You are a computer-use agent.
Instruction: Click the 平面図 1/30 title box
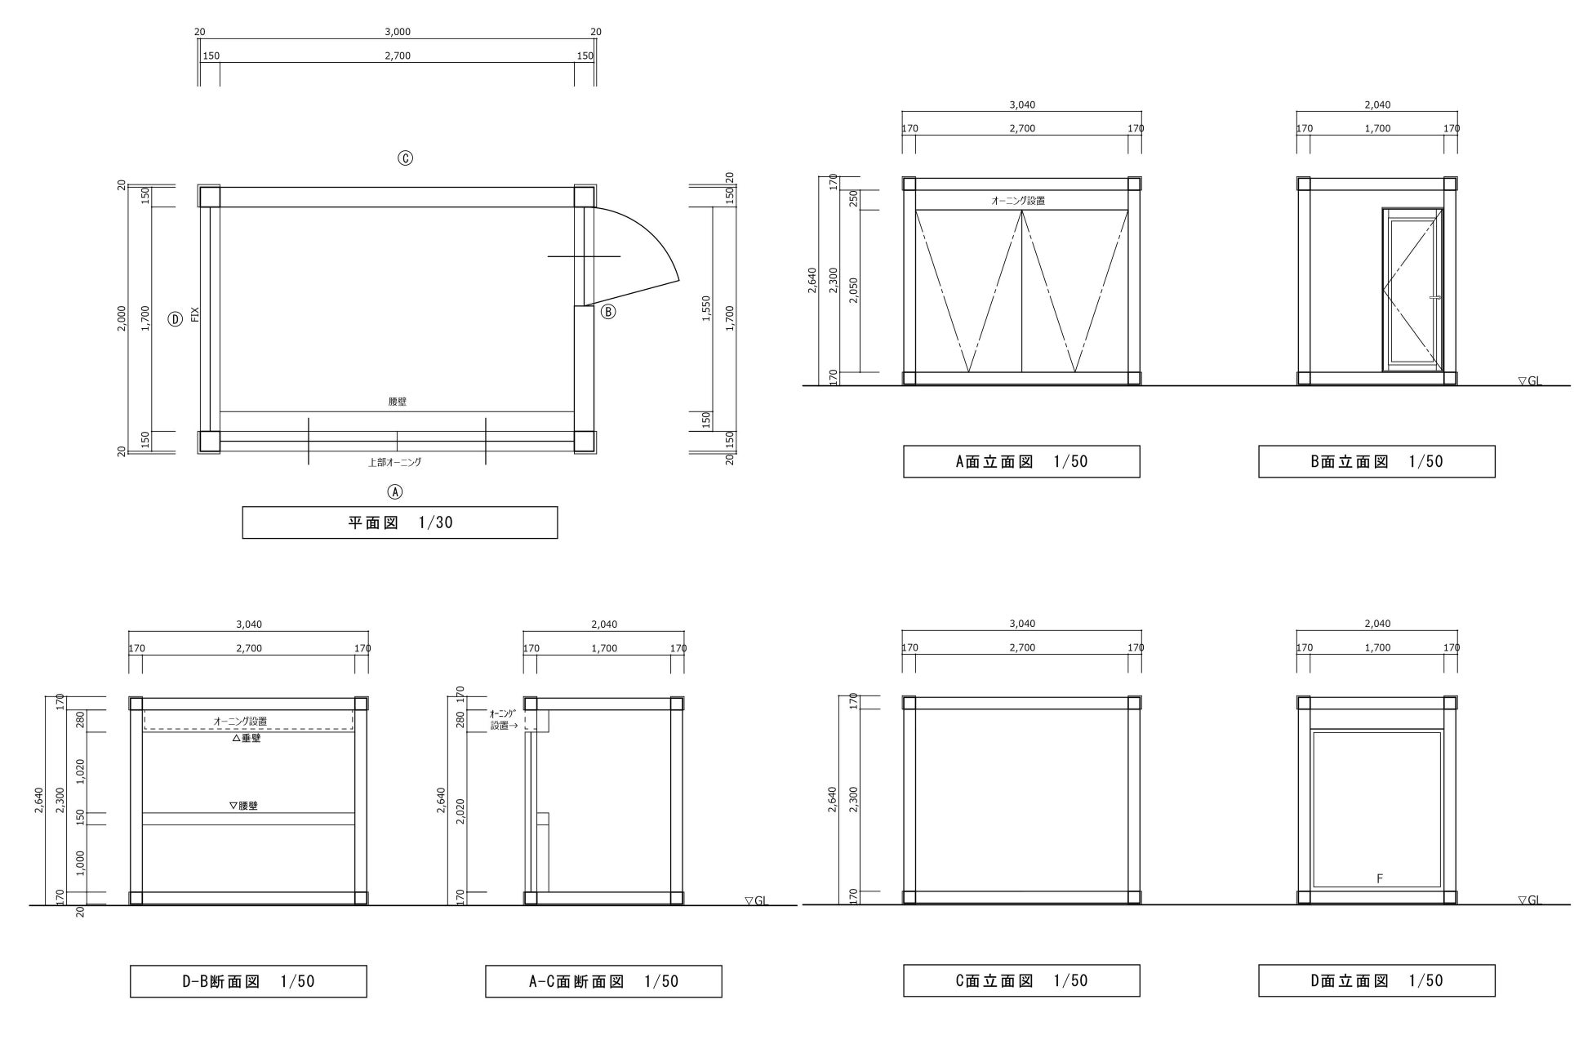pyautogui.click(x=400, y=522)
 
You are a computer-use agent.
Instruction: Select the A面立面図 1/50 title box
pyautogui.click(x=1021, y=461)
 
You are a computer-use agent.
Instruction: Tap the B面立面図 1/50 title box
pyautogui.click(x=1376, y=461)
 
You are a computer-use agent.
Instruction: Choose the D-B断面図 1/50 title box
pyautogui.click(x=248, y=981)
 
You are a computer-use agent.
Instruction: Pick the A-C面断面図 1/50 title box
pyautogui.click(x=603, y=981)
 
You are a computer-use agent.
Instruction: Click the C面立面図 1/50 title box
pyautogui.click(x=1021, y=980)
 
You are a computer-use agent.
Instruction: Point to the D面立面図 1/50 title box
pyautogui.click(x=1376, y=980)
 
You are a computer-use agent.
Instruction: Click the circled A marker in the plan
pyautogui.click(x=394, y=491)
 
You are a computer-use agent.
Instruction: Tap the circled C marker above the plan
pyautogui.click(x=405, y=158)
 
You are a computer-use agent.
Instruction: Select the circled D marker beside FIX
pyautogui.click(x=175, y=319)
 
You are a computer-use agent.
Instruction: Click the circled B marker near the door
pyautogui.click(x=608, y=311)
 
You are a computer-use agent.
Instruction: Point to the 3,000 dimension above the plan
pyautogui.click(x=398, y=32)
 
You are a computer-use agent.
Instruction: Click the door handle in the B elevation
pyautogui.click(x=1434, y=298)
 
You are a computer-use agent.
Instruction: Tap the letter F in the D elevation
pyautogui.click(x=1380, y=878)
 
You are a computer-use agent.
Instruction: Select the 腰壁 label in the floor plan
pyautogui.click(x=398, y=402)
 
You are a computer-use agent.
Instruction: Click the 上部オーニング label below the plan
pyautogui.click(x=394, y=462)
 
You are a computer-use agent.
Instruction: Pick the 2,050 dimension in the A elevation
pyautogui.click(x=853, y=290)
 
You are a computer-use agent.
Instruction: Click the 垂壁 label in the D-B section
pyautogui.click(x=246, y=738)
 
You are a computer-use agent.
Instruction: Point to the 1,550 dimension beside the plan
pyautogui.click(x=706, y=309)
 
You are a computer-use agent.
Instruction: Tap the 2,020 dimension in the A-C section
pyautogui.click(x=460, y=812)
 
